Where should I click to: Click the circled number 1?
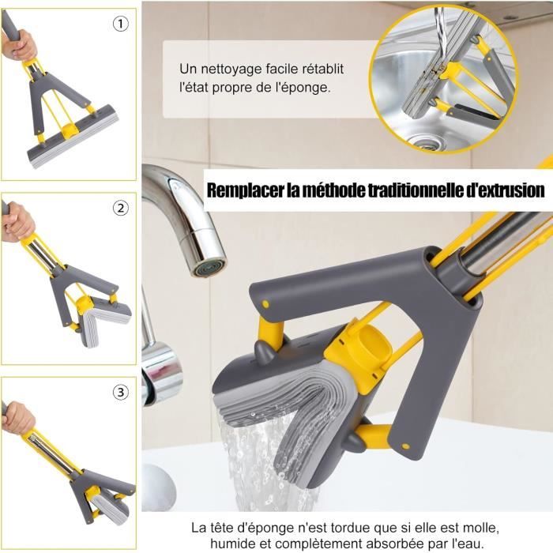tap(120, 24)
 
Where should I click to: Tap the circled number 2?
tap(120, 209)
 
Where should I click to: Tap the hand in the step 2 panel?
tap(18, 223)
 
